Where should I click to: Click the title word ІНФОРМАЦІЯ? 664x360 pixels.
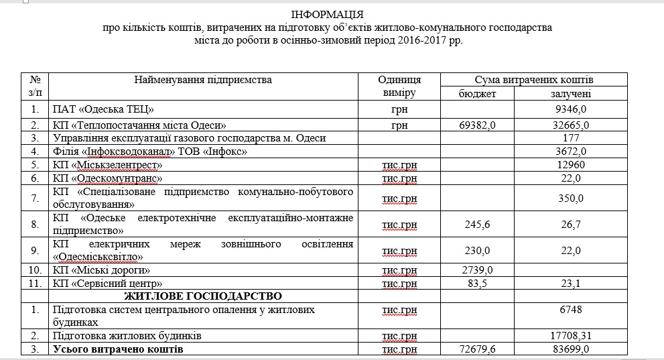pos(328,15)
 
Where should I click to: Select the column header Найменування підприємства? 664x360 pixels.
pos(203,80)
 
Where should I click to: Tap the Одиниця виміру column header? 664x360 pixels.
pos(400,86)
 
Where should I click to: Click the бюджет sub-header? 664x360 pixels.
pos(477,94)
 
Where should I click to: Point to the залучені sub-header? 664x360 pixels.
pos(570,94)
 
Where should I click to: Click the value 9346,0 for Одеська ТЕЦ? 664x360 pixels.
pos(570,109)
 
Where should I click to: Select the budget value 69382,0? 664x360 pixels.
pos(477,125)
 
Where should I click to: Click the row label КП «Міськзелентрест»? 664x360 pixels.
pos(107,164)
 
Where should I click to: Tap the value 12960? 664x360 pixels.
pos(570,164)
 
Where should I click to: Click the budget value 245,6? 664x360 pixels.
pos(477,225)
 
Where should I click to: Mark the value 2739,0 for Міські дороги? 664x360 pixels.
pos(477,270)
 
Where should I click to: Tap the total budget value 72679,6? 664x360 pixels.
pos(477,349)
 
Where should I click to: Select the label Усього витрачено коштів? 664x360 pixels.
pos(117,349)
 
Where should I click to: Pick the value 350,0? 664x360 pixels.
pos(570,198)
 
